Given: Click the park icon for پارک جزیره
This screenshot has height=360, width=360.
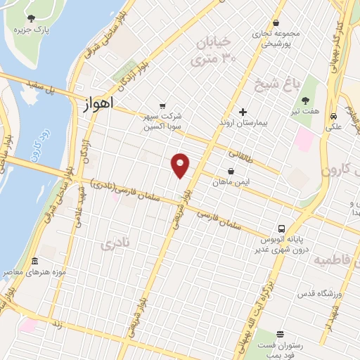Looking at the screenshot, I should [x=31, y=18].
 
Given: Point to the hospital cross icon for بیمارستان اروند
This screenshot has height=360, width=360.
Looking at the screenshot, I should [x=243, y=112].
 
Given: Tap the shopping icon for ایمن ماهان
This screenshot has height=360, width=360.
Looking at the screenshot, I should [x=231, y=171].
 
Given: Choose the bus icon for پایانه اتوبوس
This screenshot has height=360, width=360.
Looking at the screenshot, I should [x=281, y=229].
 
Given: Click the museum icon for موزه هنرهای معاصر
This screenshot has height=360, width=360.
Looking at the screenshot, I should [x=34, y=262].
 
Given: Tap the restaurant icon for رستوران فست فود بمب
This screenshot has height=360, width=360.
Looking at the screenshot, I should [x=281, y=334].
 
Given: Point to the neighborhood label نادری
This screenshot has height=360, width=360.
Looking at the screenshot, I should [x=115, y=245].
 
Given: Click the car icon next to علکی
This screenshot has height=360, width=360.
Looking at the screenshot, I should [x=333, y=116].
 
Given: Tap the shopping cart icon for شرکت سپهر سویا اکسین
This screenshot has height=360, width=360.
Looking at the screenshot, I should [x=162, y=105].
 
